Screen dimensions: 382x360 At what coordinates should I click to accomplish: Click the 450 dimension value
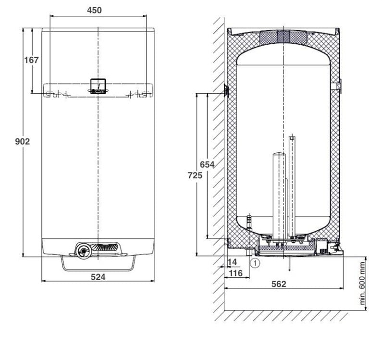94,10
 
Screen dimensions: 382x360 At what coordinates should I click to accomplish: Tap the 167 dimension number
31,60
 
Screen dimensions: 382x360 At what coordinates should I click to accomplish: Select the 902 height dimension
23,141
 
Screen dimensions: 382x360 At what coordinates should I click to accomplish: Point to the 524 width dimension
98,277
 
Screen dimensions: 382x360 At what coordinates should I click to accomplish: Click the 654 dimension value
207,164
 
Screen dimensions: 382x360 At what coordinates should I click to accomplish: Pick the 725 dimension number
195,175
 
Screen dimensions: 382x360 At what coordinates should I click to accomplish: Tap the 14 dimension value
232,262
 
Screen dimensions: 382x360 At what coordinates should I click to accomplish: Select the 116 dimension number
236,273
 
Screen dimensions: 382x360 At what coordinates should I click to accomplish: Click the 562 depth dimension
279,284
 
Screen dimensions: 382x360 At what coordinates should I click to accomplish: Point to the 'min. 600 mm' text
362,283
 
